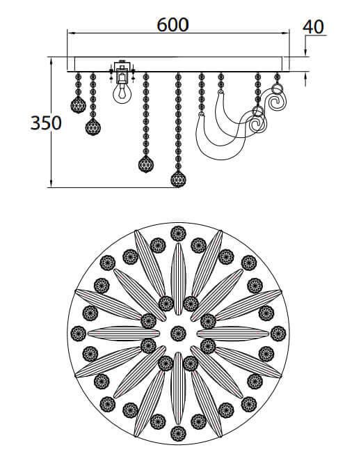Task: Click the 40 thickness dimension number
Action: [x=313, y=27]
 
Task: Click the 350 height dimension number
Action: [x=46, y=123]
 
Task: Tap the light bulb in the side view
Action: [x=122, y=93]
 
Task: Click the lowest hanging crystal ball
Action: [x=178, y=179]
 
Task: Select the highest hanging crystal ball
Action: [x=79, y=104]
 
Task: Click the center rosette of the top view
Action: [x=178, y=334]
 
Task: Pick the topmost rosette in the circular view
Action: [x=178, y=233]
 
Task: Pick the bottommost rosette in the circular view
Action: [x=178, y=433]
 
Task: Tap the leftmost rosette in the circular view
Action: [x=79, y=334]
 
